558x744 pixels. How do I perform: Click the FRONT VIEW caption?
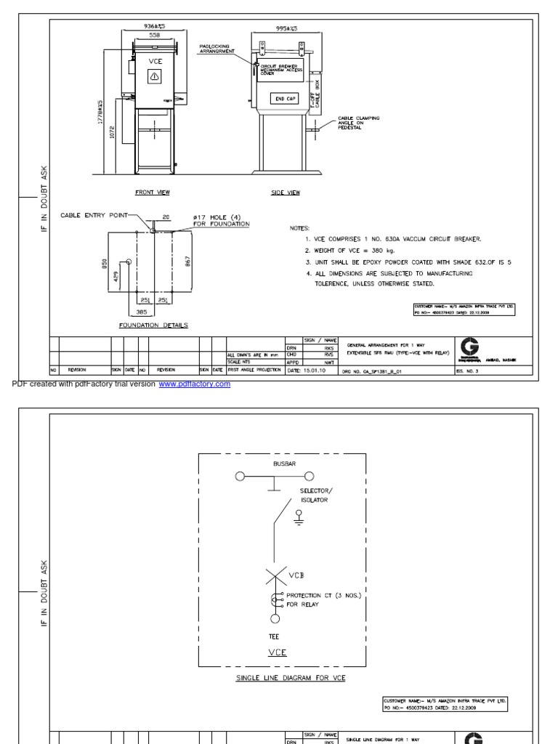coord(152,193)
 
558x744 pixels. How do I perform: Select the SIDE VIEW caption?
coord(285,193)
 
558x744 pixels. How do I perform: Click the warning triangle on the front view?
coord(155,78)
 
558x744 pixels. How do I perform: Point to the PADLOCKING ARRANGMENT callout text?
coord(217,49)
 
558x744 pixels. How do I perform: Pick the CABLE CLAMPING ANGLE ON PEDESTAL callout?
coord(358,123)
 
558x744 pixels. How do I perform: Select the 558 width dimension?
coord(155,34)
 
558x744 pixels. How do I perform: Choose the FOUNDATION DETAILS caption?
coord(153,325)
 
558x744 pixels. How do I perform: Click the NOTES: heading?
coord(299,227)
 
